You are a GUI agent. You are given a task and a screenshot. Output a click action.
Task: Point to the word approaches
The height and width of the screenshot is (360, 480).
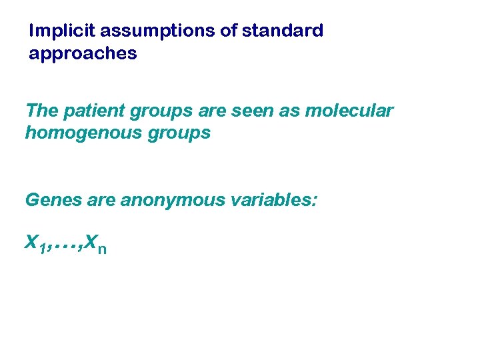(x=83, y=54)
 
